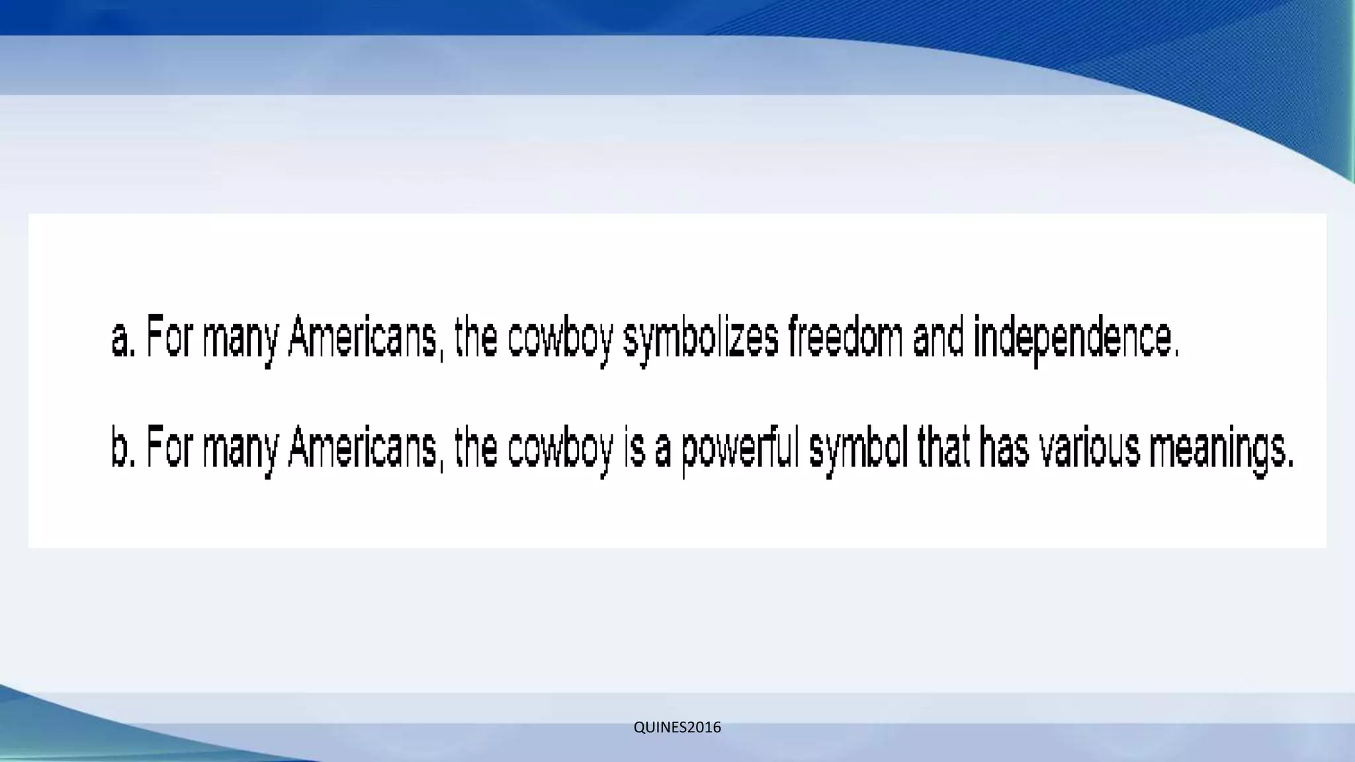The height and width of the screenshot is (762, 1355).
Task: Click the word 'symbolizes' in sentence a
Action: coord(701,339)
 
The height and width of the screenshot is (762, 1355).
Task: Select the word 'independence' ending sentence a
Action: coord(1076,339)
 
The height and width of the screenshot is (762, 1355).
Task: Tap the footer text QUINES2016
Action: coord(677,728)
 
